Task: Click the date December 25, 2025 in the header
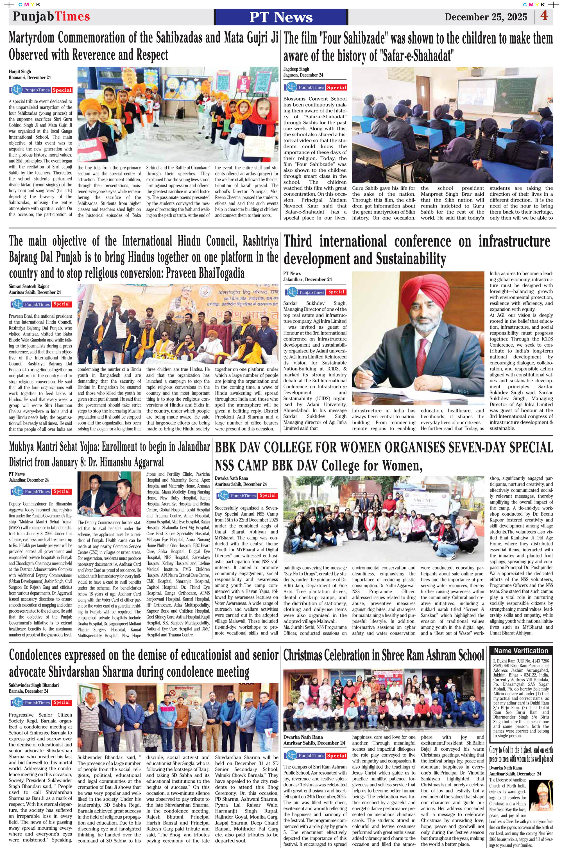pos(486,17)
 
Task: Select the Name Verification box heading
pos(521,651)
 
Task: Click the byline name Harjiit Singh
pos(20,71)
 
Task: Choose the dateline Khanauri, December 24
pos(30,77)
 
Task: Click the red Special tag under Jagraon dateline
pos(336,87)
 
